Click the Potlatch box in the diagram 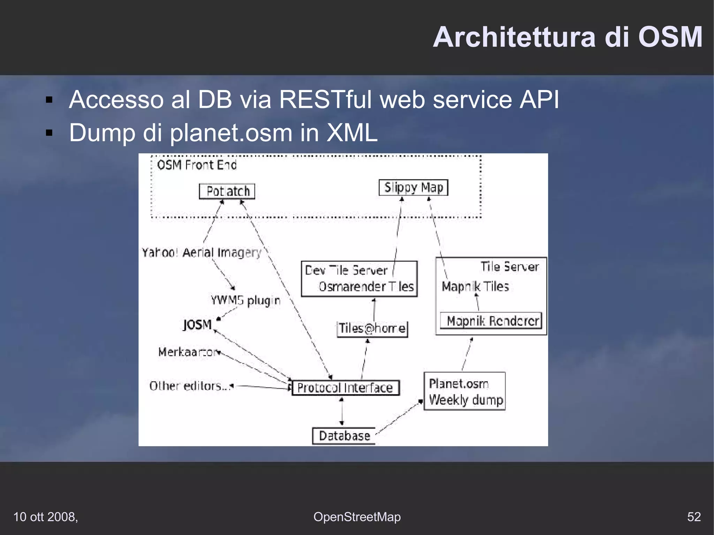pos(227,191)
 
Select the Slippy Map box pos(413,188)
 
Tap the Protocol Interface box pos(345,388)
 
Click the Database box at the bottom pos(344,436)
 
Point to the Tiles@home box pos(372,328)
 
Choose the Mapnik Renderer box pos(491,321)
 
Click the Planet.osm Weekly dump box pos(465,391)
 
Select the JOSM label pos(197,324)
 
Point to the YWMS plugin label pos(245,300)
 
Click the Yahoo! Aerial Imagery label pos(202,252)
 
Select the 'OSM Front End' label pos(197,165)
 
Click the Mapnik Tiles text pos(475,286)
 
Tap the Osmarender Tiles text pos(366,286)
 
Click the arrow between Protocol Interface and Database pos(342,411)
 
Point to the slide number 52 pos(694,517)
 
